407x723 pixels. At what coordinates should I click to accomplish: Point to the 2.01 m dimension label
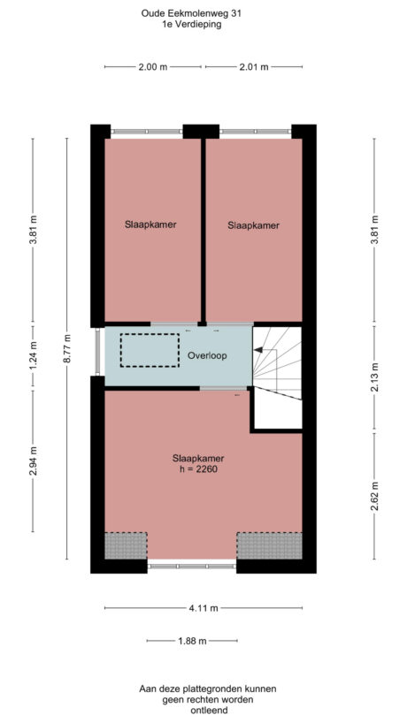(255, 67)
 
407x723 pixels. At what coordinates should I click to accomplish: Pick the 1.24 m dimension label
(33, 355)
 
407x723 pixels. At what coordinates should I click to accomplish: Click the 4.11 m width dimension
(203, 608)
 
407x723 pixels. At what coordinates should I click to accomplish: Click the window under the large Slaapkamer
(192, 567)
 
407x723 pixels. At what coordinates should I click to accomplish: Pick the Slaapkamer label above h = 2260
(198, 458)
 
